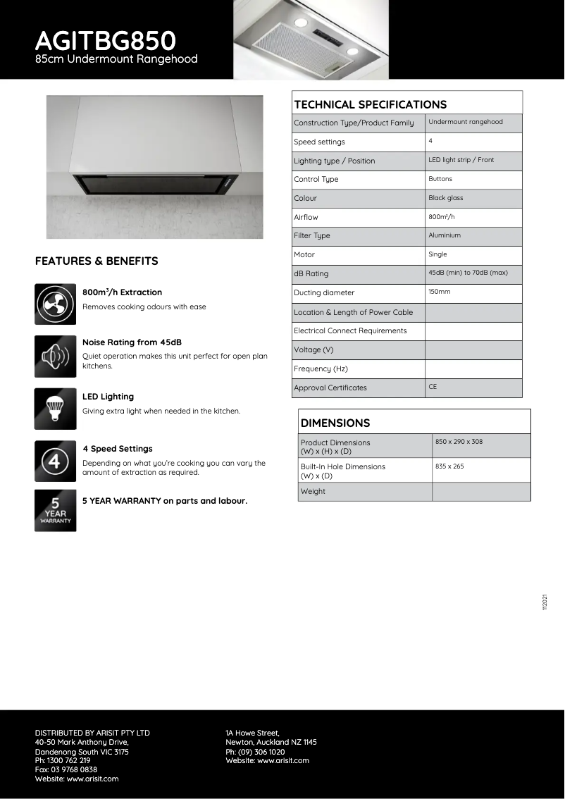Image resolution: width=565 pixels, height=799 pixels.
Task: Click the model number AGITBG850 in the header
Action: (105, 39)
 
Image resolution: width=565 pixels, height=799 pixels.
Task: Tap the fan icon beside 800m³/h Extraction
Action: (55, 304)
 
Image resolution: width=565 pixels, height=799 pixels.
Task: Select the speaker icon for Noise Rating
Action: (55, 357)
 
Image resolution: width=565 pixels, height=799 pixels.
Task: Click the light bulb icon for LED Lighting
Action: (55, 409)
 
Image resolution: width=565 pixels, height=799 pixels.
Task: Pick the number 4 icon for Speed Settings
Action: (55, 461)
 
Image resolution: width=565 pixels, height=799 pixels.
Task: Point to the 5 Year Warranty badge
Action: (55, 511)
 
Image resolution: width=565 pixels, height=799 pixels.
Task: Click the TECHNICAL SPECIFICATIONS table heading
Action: (370, 104)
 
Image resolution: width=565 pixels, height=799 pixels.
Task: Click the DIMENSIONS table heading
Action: (335, 423)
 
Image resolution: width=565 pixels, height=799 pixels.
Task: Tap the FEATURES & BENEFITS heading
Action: (97, 261)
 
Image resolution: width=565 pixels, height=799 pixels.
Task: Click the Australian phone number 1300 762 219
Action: (63, 760)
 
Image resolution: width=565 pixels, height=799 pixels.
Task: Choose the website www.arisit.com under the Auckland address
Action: (267, 760)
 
